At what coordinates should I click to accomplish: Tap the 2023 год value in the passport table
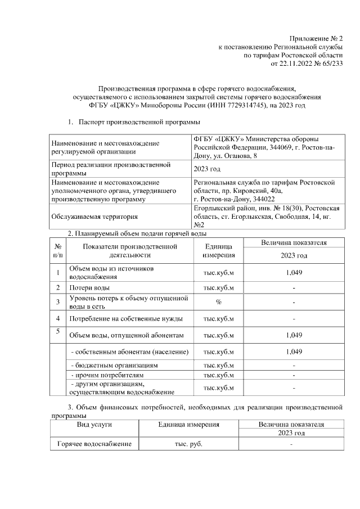tap(206, 169)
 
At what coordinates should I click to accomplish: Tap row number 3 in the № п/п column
tap(58, 303)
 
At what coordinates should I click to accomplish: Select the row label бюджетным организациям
tap(113, 365)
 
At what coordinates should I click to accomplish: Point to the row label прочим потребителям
tap(107, 374)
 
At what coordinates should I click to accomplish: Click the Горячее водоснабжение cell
tap(94, 444)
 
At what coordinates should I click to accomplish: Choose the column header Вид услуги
tap(94, 425)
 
